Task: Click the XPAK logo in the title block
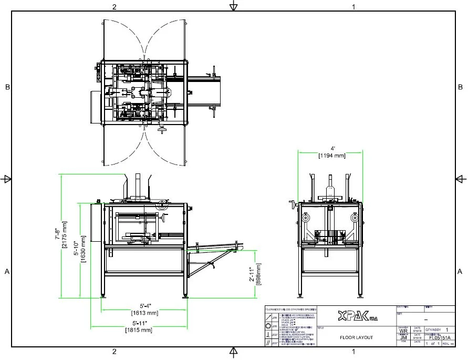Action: click(x=358, y=316)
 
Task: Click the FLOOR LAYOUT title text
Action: click(x=356, y=337)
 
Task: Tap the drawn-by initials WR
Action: click(x=403, y=331)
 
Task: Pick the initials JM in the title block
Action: click(x=403, y=337)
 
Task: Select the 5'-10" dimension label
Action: click(x=76, y=247)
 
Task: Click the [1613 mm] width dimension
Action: click(x=144, y=313)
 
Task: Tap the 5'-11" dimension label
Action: click(x=139, y=323)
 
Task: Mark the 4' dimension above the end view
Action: click(x=331, y=148)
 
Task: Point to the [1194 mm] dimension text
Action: click(x=331, y=155)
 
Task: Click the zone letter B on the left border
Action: click(x=7, y=87)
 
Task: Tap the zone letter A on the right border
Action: click(x=460, y=272)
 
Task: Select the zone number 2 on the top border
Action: click(x=114, y=7)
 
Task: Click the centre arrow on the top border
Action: click(x=234, y=6)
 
